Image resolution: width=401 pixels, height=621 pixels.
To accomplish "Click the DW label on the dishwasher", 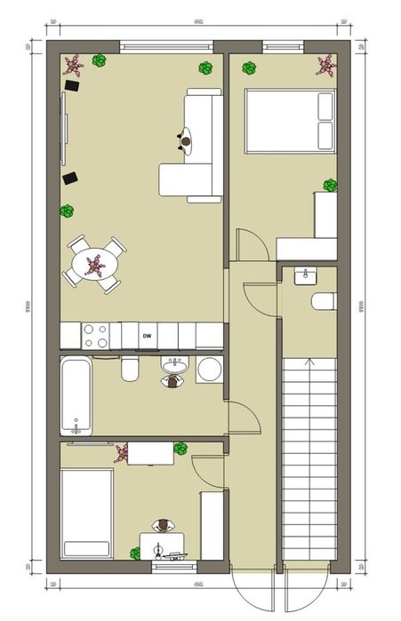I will click(147, 336).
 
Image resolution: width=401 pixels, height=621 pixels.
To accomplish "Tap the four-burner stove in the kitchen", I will click(95, 336).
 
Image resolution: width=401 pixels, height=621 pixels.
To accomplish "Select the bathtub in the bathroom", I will click(76, 394).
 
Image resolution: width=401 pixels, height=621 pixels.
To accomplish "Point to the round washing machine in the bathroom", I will click(209, 369).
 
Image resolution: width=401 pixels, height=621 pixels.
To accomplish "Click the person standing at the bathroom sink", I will click(172, 380).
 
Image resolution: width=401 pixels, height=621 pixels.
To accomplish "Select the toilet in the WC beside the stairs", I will click(325, 301).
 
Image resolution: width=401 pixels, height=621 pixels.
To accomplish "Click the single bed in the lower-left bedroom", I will click(86, 513).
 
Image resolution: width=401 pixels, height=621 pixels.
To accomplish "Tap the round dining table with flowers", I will click(94, 264).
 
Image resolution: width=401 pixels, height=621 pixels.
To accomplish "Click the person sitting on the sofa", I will click(187, 139).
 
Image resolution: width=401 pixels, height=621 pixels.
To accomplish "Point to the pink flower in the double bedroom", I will click(325, 66).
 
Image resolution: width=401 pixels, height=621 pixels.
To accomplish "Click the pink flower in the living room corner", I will click(74, 64).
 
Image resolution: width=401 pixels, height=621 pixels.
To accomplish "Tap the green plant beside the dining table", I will click(67, 211).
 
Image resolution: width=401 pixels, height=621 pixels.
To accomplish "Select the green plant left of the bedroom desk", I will click(135, 554).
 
